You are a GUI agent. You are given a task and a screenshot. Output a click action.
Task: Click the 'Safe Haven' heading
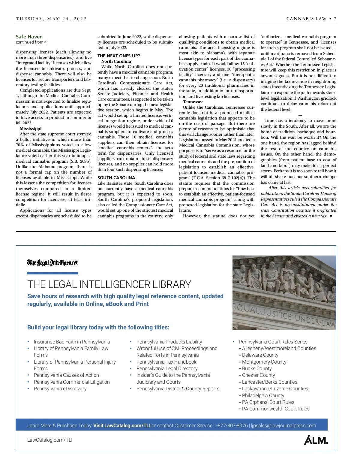tap(29, 37)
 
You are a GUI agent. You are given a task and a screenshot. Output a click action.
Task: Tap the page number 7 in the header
tap(335, 19)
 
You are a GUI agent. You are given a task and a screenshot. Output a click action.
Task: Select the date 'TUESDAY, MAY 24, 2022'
tap(51, 19)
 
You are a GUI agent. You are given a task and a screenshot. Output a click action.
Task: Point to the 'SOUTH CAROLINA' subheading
tap(116, 178)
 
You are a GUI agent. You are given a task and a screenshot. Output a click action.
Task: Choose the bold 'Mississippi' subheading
tap(31, 129)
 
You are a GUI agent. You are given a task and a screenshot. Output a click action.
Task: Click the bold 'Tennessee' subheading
tap(193, 102)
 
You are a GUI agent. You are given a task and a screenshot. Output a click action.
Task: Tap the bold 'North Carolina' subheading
tap(116, 61)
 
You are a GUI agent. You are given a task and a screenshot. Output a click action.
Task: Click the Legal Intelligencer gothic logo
tap(52, 263)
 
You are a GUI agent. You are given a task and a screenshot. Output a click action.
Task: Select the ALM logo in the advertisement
tap(316, 440)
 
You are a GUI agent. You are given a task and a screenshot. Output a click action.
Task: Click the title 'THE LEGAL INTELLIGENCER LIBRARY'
tap(109, 284)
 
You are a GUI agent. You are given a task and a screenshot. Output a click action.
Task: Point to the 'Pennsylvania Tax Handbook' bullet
tap(166, 362)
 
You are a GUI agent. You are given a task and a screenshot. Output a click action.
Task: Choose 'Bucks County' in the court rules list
tap(256, 368)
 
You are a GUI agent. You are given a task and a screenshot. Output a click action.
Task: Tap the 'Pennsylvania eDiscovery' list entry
tap(60, 389)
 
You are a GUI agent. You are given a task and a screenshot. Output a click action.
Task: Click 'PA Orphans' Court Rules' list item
tap(268, 402)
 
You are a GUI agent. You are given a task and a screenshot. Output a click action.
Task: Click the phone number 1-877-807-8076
tap(230, 425)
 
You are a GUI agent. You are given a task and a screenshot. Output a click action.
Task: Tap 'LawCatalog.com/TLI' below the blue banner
tap(50, 440)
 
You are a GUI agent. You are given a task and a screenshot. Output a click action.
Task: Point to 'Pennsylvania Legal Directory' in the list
tap(167, 368)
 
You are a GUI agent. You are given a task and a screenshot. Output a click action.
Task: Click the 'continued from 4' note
tap(31, 42)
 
